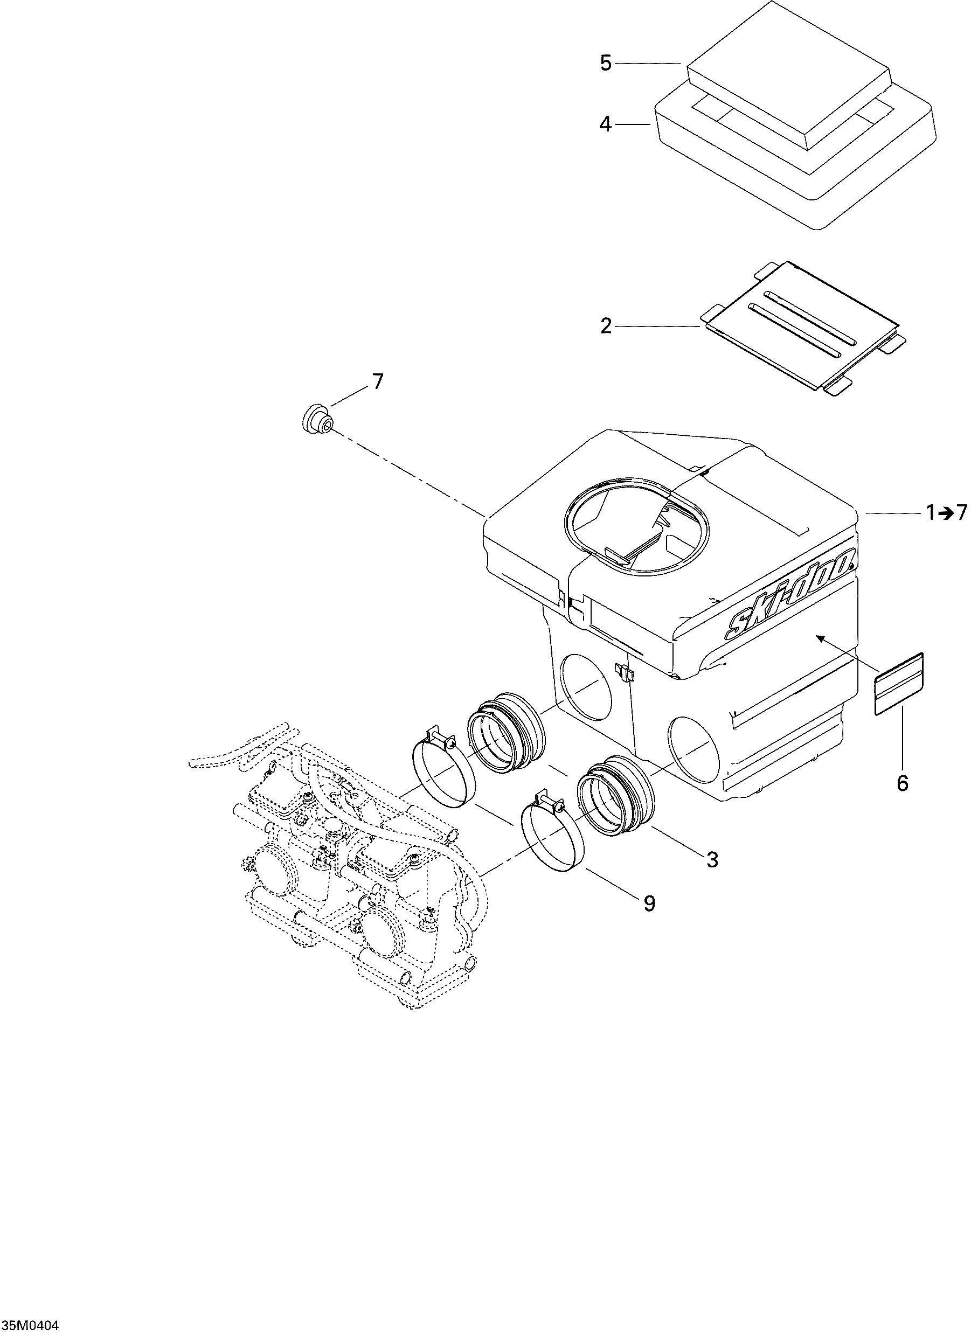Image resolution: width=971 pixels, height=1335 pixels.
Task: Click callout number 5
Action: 606,63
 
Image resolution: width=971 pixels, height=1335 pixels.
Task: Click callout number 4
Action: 605,124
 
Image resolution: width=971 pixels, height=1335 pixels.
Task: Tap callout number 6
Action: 902,783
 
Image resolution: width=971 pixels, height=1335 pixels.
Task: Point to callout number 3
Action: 712,860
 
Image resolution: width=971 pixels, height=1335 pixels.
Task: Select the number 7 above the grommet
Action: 377,382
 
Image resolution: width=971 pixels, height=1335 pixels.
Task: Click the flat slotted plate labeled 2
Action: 801,330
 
